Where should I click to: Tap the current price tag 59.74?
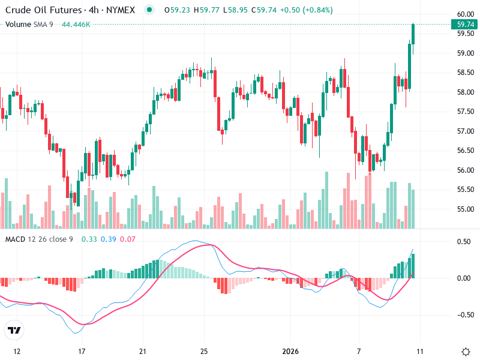tap(466, 25)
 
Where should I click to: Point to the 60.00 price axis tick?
tap(466, 14)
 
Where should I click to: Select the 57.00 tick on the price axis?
tap(466, 131)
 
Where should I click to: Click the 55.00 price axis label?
tap(466, 209)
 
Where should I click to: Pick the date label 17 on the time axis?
tap(82, 350)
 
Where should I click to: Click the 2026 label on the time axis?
tap(290, 350)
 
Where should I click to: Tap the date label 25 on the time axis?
tap(204, 350)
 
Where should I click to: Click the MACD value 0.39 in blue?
tap(108, 239)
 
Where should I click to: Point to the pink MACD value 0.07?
tap(128, 239)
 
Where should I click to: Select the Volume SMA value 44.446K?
tap(76, 24)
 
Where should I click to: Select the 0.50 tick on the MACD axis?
tap(464, 241)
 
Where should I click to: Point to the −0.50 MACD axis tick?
tap(463, 314)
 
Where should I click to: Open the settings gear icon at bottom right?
tap(466, 351)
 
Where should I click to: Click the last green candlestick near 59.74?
tap(413, 34)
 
